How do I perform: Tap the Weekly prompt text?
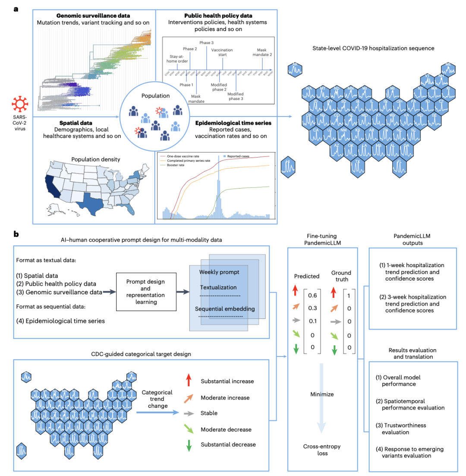(x=219, y=273)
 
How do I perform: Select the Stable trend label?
(x=209, y=413)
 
